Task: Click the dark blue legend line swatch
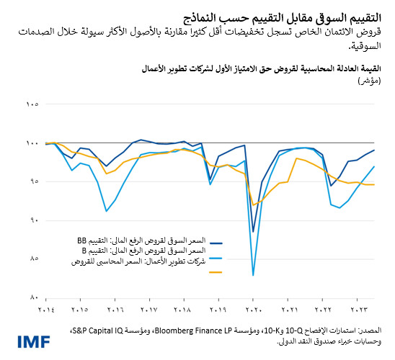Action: [216, 245]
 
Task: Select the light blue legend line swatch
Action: [216, 257]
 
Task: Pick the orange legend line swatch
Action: [216, 272]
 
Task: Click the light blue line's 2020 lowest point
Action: [253, 275]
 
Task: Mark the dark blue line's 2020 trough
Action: [253, 232]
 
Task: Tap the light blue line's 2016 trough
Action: [106, 211]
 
